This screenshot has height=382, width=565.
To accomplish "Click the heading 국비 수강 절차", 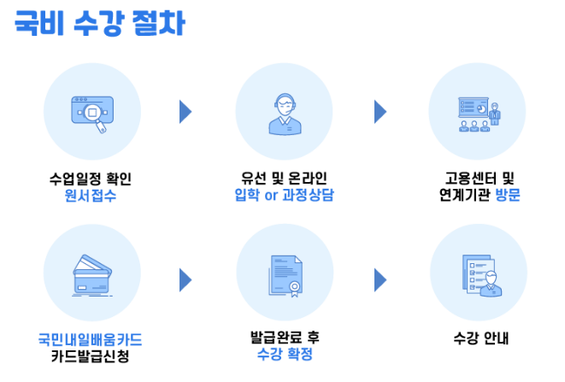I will (99, 23).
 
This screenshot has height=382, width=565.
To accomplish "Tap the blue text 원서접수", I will (91, 195).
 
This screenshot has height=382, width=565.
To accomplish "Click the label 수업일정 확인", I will (91, 179).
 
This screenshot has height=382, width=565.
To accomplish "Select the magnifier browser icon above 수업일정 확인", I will (91, 112).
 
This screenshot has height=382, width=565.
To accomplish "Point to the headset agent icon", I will (284, 112).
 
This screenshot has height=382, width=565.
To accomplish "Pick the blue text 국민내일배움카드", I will (91, 339).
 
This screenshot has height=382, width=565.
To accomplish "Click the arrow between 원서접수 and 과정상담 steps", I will (185, 112).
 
